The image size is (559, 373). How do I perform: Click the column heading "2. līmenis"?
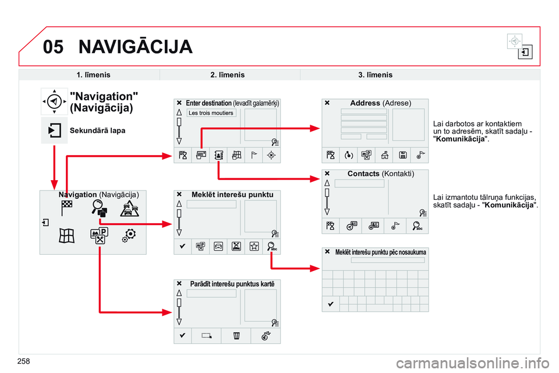(227, 75)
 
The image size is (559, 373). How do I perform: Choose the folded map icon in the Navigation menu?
(66, 235)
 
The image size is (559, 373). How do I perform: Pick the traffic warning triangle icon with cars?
(129, 209)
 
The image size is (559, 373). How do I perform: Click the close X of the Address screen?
(327, 103)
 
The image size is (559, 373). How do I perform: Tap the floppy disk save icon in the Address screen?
(403, 154)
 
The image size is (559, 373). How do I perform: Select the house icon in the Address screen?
(385, 154)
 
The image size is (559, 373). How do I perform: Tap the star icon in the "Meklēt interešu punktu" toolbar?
(254, 247)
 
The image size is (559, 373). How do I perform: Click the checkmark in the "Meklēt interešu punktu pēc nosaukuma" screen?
(330, 304)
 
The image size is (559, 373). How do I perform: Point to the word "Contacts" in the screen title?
(363, 174)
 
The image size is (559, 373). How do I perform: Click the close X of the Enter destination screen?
(179, 103)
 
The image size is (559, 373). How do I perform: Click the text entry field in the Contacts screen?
(359, 184)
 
